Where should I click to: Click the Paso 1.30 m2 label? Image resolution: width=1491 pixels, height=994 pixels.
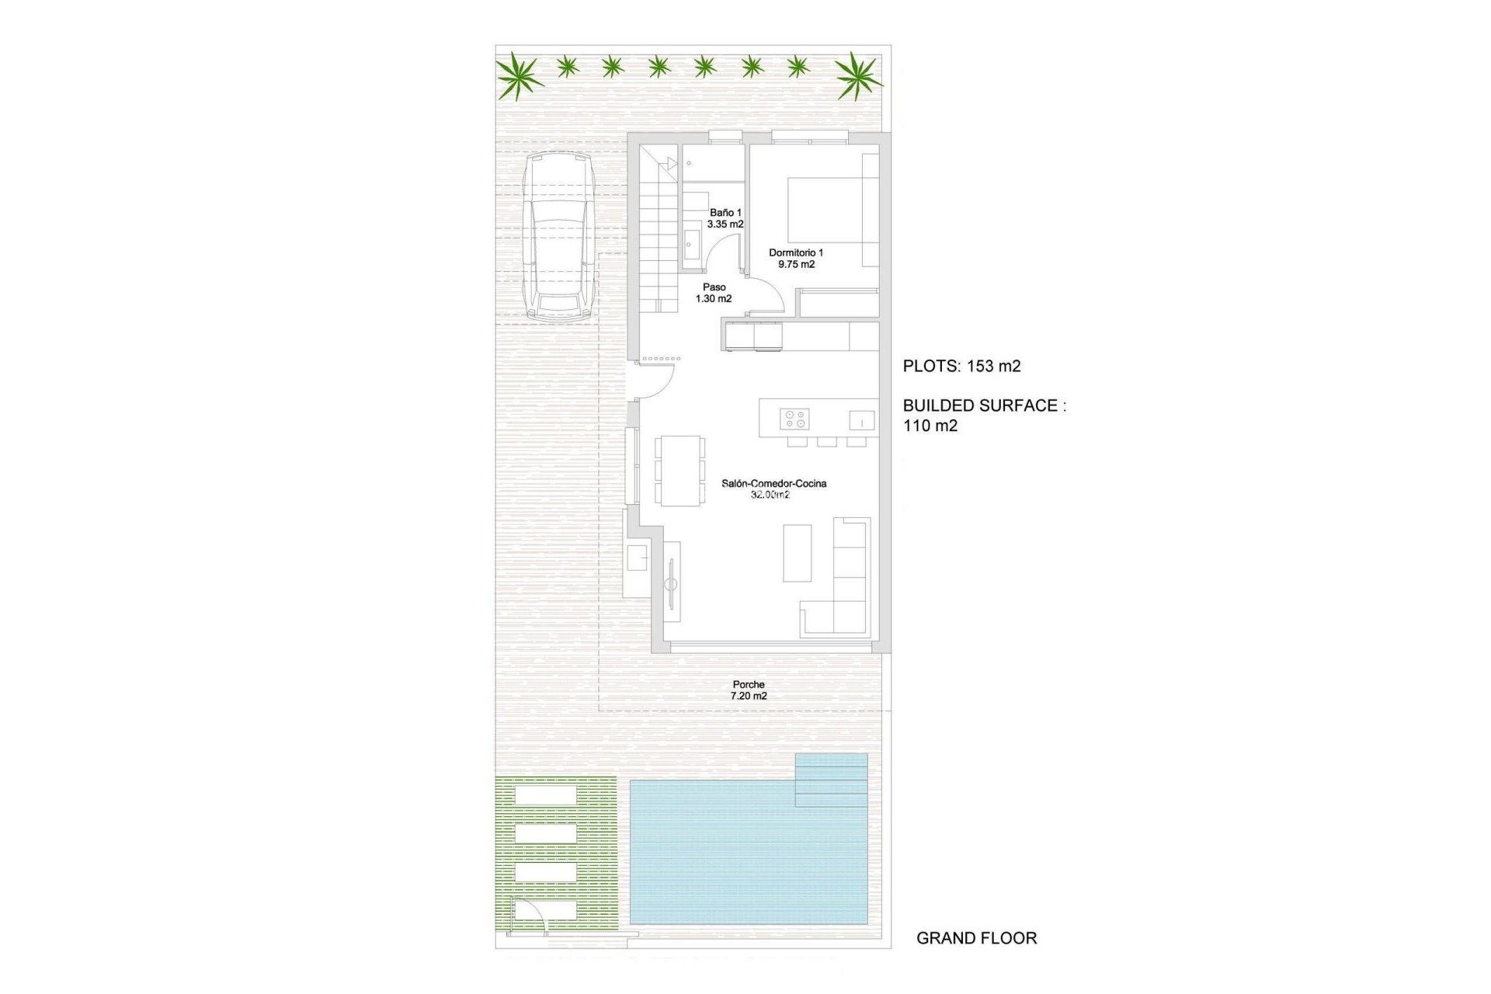tap(714, 293)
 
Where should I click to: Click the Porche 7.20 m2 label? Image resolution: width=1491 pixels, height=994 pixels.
tap(749, 690)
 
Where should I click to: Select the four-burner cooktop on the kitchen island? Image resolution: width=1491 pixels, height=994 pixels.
tap(794, 419)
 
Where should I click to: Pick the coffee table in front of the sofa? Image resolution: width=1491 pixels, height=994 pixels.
tap(797, 553)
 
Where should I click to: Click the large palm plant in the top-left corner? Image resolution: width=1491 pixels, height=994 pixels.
tap(519, 75)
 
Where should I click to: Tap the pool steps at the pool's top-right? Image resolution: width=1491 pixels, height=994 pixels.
tap(831, 780)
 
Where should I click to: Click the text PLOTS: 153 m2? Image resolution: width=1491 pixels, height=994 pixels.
tap(961, 367)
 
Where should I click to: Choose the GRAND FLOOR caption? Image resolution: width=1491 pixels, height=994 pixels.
tap(976, 938)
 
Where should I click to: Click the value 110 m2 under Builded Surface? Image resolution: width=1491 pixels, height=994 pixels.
tap(930, 426)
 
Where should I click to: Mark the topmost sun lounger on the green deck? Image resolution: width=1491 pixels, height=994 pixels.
tap(545, 796)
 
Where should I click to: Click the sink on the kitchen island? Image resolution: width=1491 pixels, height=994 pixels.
tap(861, 420)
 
